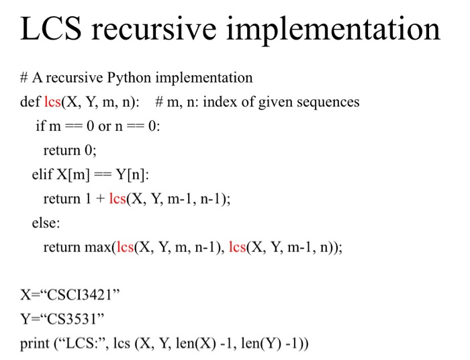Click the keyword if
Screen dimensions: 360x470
(x=40, y=126)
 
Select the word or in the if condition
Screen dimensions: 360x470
(x=105, y=126)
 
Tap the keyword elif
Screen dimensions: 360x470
(x=43, y=175)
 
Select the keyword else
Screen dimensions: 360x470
(x=46, y=223)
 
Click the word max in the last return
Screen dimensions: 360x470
(x=98, y=247)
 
